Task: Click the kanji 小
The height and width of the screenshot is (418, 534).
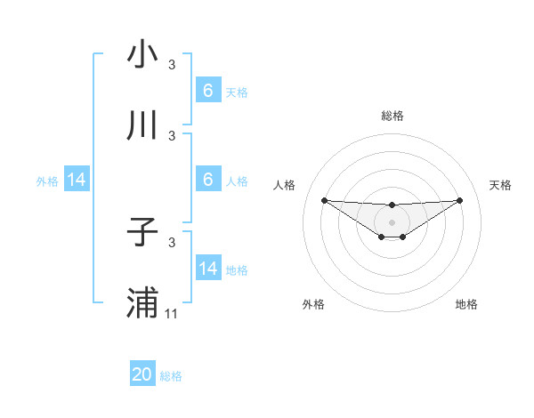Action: (142, 54)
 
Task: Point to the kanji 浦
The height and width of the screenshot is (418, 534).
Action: (142, 303)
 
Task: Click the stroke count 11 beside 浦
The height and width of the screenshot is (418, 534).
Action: (173, 313)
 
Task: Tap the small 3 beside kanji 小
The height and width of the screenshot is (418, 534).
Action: (172, 64)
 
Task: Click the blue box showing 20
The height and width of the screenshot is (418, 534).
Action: (142, 374)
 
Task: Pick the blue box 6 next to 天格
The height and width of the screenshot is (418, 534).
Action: (208, 91)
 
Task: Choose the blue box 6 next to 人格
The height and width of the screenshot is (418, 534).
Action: (208, 180)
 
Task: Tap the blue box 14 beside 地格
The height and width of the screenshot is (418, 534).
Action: (208, 269)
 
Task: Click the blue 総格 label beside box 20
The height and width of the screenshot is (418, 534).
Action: (171, 376)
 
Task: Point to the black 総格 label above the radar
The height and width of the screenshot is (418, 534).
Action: (392, 116)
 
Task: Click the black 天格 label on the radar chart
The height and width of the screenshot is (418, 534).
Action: (500, 185)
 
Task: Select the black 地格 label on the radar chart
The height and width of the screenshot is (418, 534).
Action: (466, 304)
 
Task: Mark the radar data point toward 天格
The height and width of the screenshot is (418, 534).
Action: (459, 200)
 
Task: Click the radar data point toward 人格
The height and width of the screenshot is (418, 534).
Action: (324, 200)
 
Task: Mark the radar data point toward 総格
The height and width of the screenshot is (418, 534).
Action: (392, 205)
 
